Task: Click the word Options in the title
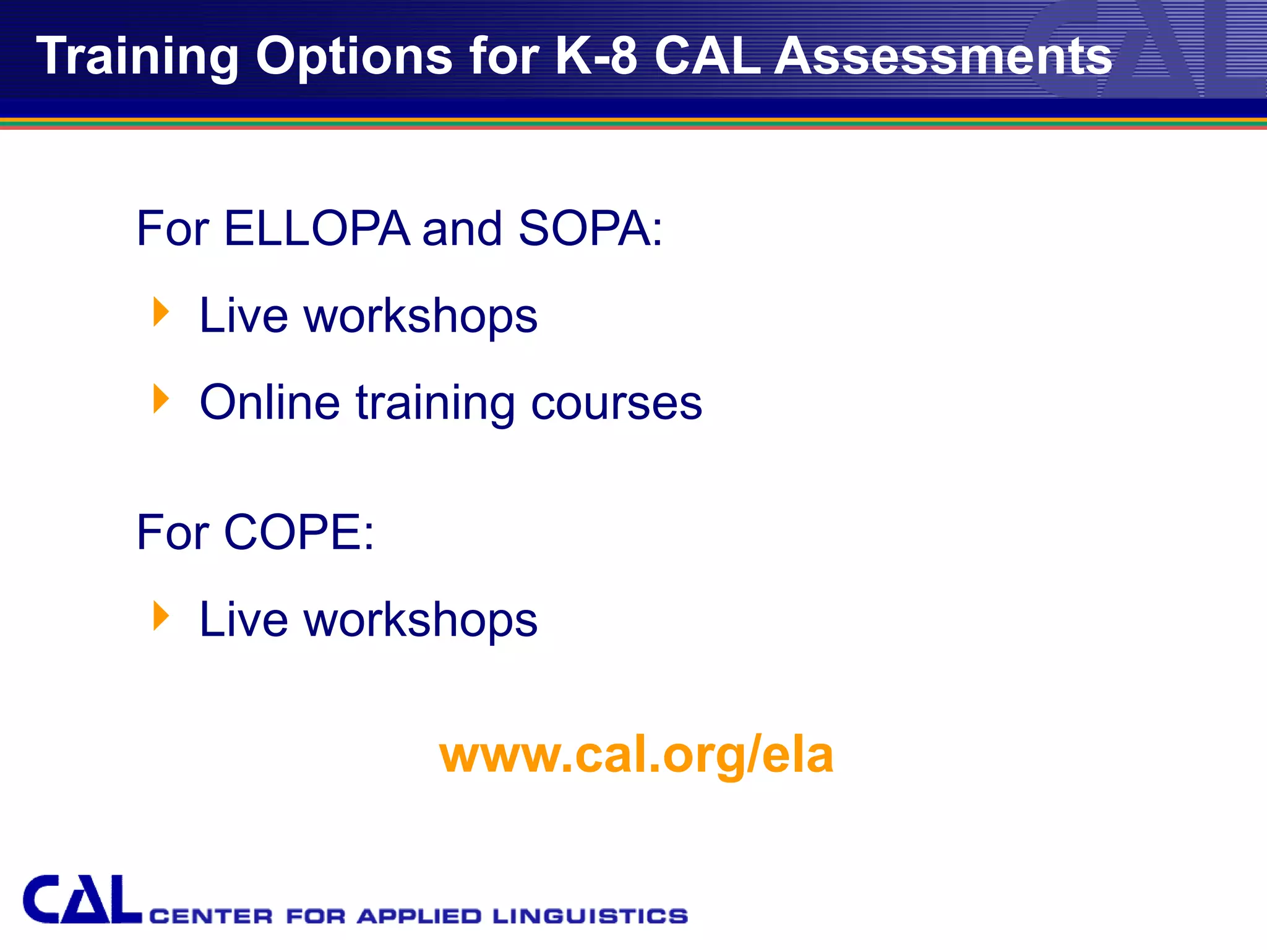point(354,57)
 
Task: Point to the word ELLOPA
point(316,228)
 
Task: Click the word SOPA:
point(590,228)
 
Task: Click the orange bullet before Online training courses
point(161,399)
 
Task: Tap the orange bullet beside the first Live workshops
point(161,312)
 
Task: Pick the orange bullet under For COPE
point(161,616)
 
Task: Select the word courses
point(616,403)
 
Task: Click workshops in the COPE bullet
point(421,620)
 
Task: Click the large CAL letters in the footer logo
point(82,900)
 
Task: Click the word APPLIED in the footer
point(419,916)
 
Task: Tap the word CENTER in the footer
point(211,916)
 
